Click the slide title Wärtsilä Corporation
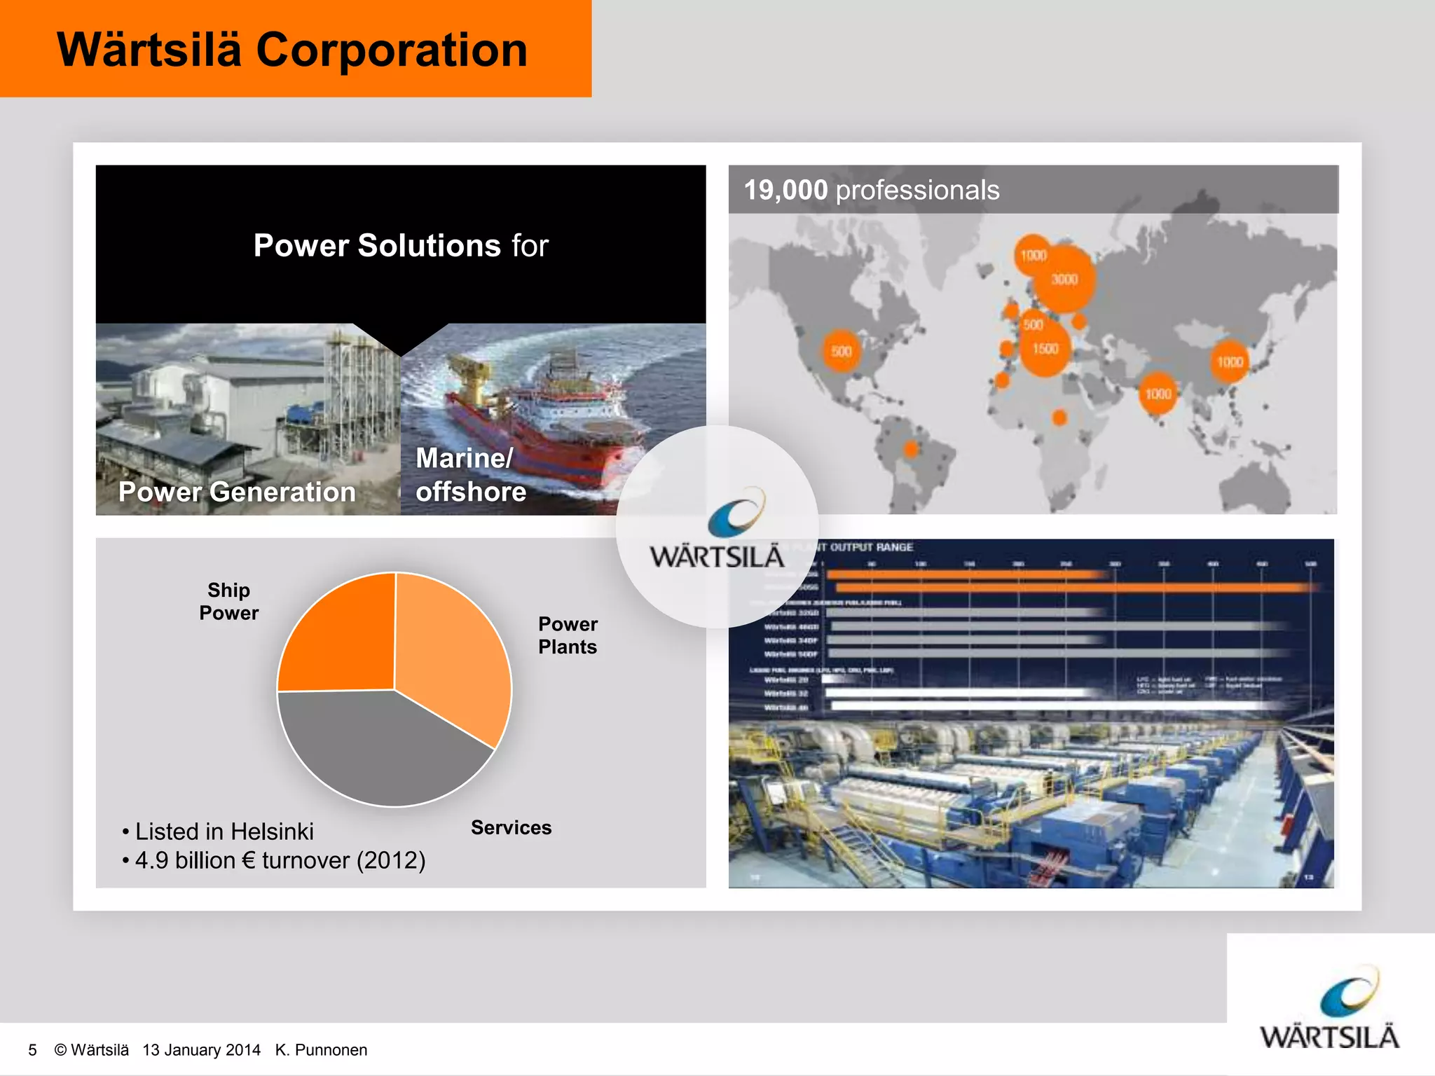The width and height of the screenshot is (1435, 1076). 292,50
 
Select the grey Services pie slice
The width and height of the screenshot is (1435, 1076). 378,750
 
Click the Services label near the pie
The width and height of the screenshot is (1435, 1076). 511,827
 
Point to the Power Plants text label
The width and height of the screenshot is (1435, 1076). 568,635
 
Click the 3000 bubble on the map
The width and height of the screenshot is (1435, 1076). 1064,280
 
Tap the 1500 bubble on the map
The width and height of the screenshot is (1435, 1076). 1045,349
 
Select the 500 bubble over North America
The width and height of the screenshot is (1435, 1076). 841,352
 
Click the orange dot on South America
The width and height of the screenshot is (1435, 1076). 911,449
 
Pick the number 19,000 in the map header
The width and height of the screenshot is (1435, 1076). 785,191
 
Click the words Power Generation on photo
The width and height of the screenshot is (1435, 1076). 237,492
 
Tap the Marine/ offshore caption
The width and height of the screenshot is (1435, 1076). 470,475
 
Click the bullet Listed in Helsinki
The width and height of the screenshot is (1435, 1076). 224,832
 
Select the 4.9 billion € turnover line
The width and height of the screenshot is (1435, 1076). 280,860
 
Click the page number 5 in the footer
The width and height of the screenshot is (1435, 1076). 32,1050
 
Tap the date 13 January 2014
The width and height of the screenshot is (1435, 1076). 201,1050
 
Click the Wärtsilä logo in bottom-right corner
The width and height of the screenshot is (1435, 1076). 1329,1009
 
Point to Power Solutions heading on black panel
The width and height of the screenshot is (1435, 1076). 400,246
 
